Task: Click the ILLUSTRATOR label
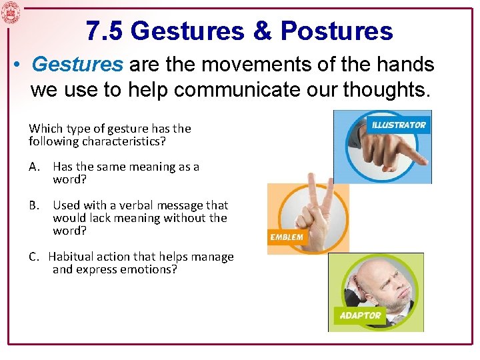[399, 125]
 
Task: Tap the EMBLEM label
[287, 237]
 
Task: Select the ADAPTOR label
[360, 315]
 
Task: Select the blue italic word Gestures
[77, 65]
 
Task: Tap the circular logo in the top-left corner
[11, 13]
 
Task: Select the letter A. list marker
[34, 167]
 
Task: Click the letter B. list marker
[34, 205]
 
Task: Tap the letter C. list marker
[34, 257]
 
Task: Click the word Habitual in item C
[70, 257]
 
